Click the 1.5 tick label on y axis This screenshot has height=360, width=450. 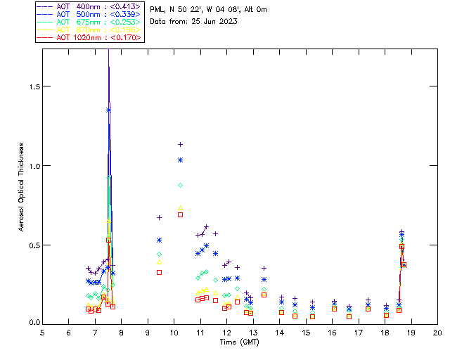coord(32,86)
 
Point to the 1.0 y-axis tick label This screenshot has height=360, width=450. coord(32,166)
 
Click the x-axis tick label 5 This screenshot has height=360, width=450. coord(42,332)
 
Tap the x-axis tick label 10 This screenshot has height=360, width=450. coord(174,332)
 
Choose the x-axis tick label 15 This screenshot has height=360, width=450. coord(306,332)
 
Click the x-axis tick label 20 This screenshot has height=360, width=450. coord(437,332)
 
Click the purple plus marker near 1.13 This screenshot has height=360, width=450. coord(180,144)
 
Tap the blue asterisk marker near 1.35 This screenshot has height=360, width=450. coord(108,110)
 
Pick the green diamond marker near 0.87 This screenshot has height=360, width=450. coord(180,185)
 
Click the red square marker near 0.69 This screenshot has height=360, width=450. coord(180,214)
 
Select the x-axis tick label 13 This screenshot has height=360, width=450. coord(253,332)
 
